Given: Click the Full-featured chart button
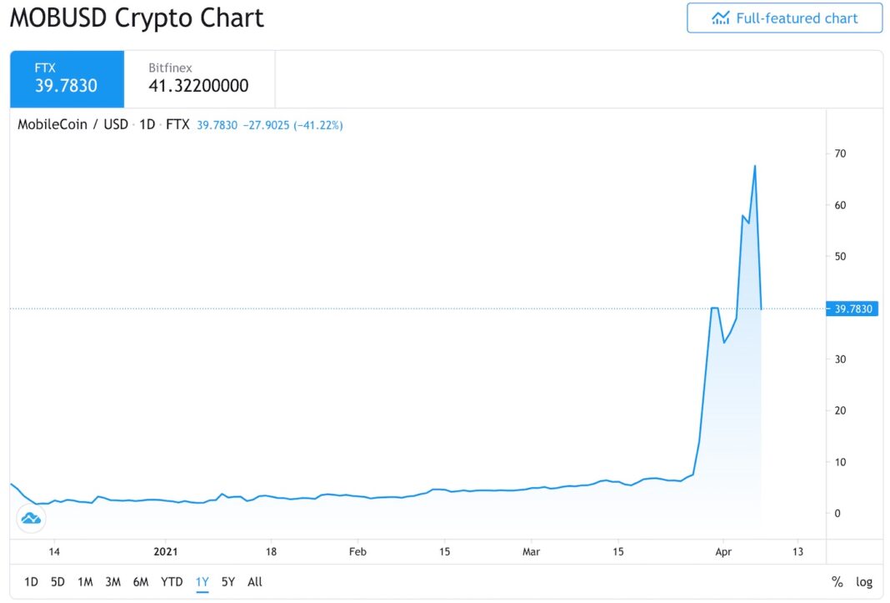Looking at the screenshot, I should coord(784,18).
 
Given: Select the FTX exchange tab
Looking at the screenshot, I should coord(67,78).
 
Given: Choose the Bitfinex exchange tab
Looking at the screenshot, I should coord(198,78).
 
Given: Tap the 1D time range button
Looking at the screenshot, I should coord(31,582).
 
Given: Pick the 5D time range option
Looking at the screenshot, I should coord(57,582).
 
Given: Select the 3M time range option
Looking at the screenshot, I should coord(113,582).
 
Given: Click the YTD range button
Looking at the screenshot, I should coord(172,582).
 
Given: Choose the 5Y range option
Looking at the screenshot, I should coord(228,582).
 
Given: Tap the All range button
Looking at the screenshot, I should coord(255,582).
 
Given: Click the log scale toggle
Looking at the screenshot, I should coord(864,582).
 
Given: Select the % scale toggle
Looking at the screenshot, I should coord(837,582).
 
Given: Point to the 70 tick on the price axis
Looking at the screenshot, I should coord(840,153).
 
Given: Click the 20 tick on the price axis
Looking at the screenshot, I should coord(840,410).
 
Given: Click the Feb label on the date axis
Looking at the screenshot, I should coord(357,551).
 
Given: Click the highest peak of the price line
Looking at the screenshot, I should coord(755,166).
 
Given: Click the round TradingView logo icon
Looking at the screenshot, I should coord(31,518).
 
